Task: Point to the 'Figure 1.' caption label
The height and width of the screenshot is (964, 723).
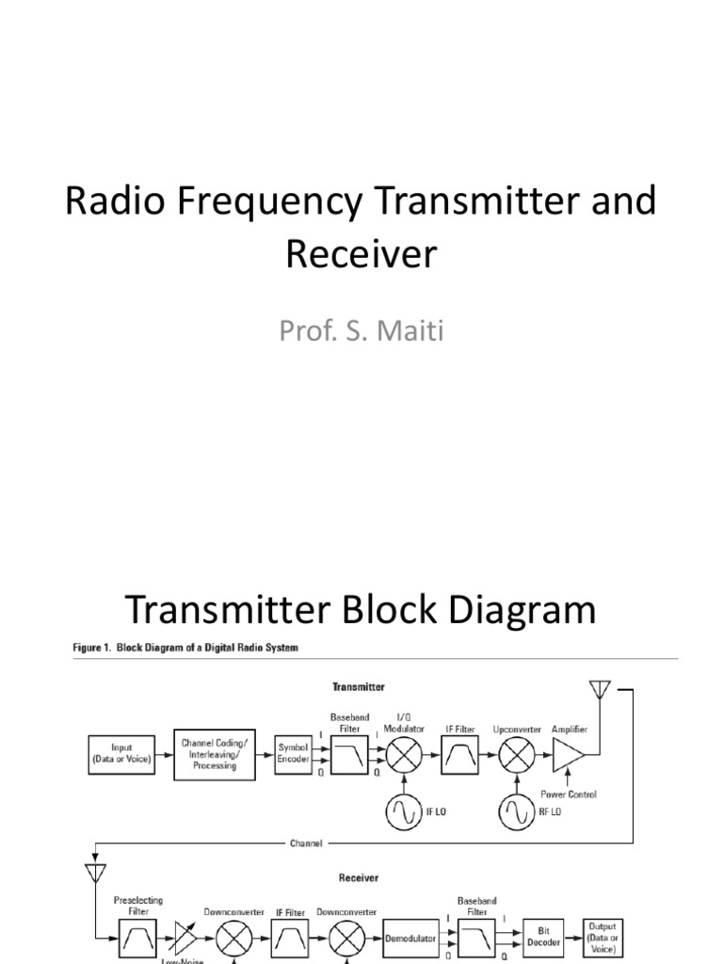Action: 97,649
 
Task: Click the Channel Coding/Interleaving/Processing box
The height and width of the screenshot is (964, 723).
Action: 216,753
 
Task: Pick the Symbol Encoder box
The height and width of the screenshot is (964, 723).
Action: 293,753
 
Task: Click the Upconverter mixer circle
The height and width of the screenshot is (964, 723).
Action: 516,754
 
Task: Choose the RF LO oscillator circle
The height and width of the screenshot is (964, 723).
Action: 516,811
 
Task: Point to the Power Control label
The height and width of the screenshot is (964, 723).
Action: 569,795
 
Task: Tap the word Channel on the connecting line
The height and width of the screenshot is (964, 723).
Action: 305,843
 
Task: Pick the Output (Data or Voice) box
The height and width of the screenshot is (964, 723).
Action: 603,938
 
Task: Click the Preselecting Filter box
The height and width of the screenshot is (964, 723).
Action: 137,940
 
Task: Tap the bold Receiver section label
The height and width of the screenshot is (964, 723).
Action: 359,877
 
